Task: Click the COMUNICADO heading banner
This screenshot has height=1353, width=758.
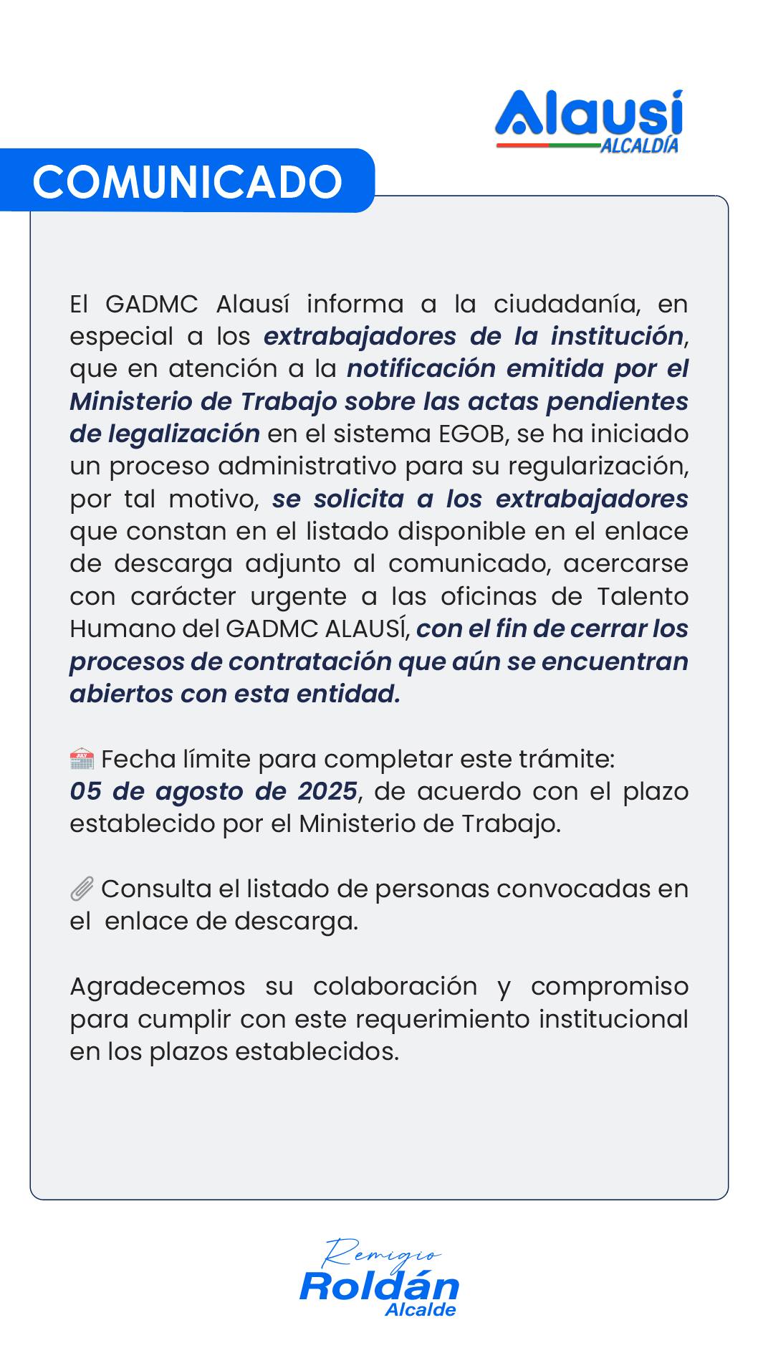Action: [188, 181]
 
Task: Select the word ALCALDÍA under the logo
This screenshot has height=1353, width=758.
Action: [639, 145]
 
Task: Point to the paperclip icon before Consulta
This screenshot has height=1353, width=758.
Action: [82, 889]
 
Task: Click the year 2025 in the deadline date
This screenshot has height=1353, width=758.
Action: [327, 791]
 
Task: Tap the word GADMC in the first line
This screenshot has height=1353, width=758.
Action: [151, 304]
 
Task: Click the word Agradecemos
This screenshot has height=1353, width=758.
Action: [157, 987]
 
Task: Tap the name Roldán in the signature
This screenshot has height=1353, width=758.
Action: [379, 1286]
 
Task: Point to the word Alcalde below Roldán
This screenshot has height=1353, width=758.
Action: [420, 1310]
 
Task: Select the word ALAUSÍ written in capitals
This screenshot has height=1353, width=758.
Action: [365, 628]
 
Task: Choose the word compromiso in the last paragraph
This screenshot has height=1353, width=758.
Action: [609, 987]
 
